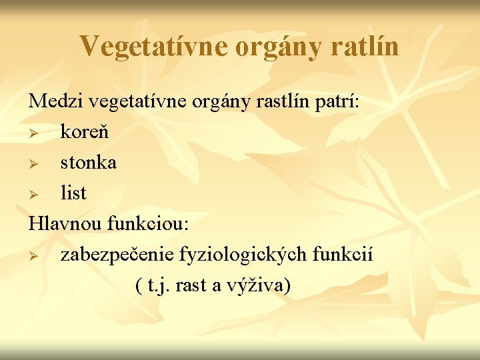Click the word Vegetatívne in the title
click(155, 46)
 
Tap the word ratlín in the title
click(366, 46)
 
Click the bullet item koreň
click(85, 132)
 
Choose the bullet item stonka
click(88, 162)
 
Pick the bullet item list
click(73, 193)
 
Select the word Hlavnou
click(65, 224)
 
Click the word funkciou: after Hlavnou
click(148, 224)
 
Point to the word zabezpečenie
click(117, 255)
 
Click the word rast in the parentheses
click(193, 285)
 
